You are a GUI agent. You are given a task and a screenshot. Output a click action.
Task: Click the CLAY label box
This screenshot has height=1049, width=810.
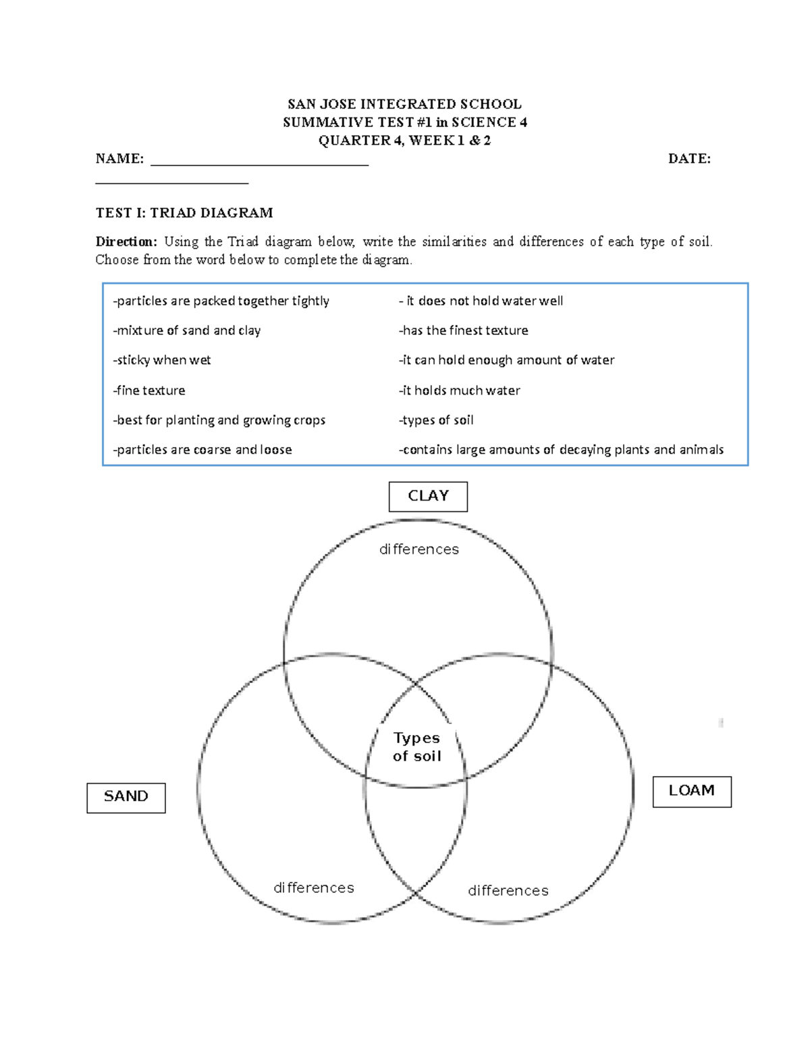pos(428,496)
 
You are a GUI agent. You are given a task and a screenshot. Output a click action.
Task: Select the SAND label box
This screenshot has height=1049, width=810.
pos(126,797)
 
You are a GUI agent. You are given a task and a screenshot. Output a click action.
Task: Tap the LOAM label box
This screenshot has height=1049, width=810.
pos(692,791)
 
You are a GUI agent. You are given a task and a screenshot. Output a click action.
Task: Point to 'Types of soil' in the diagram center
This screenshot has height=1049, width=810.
pos(416,747)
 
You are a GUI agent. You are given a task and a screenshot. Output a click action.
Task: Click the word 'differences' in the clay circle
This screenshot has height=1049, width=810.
pos(419,550)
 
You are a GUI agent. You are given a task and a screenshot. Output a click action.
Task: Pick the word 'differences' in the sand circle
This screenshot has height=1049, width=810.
pos(314,888)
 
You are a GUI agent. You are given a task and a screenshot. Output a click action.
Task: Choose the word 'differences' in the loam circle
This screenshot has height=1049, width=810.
pos(508,891)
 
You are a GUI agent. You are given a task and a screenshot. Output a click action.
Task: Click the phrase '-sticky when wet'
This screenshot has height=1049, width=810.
pos(162,361)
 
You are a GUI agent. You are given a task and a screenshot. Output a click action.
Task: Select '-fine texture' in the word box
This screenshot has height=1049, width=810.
pos(149,390)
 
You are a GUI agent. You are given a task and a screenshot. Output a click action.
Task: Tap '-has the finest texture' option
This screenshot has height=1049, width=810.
pos(464,331)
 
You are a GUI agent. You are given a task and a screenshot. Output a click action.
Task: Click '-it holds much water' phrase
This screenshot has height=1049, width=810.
pos(460,390)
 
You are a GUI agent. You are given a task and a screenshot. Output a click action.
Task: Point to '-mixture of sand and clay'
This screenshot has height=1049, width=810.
pos(187,331)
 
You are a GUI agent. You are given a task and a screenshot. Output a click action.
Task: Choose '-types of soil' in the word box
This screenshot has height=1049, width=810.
pos(436,420)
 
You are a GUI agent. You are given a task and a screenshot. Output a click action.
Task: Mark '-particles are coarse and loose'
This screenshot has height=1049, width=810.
pos(202,450)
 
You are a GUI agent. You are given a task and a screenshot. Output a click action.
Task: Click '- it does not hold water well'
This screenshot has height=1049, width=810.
pos(481,301)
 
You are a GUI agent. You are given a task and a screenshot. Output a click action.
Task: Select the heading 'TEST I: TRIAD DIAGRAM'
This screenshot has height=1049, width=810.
pos(184,213)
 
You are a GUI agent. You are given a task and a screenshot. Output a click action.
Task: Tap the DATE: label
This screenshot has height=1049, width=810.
pos(689,159)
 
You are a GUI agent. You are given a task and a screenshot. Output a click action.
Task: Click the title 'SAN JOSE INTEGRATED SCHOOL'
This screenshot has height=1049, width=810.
pos(404,104)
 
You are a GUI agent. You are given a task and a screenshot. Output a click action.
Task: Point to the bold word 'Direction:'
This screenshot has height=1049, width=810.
pos(126,242)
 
